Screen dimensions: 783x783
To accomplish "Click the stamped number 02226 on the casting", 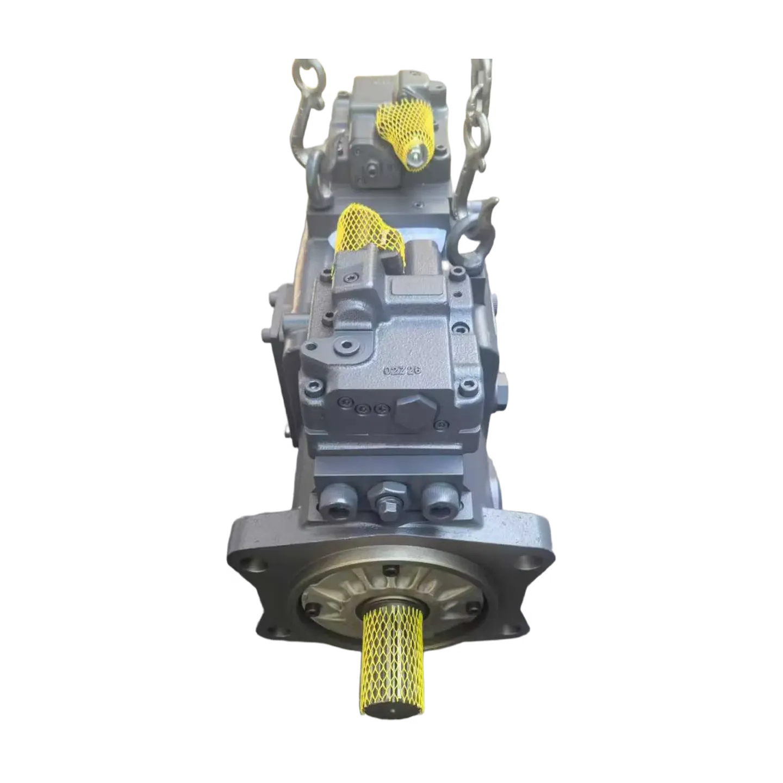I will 403,370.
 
